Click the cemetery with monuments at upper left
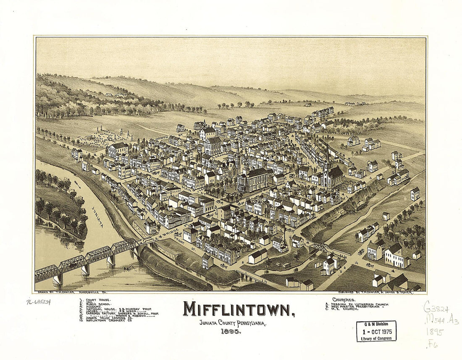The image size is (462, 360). coord(109,135)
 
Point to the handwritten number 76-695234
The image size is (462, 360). coord(39,302)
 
